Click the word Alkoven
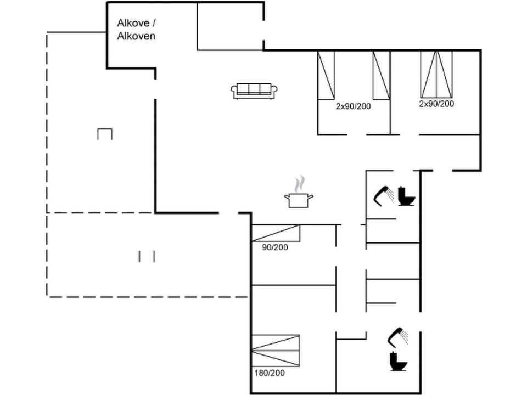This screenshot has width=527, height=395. click(137, 37)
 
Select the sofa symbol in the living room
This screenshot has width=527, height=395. click(254, 91)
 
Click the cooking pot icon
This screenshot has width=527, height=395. click(299, 200)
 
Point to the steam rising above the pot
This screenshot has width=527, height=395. click(299, 183)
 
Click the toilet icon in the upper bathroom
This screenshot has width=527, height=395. click(406, 196)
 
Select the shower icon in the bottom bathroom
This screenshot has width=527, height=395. click(399, 336)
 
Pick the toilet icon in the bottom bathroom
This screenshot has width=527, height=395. click(399, 362)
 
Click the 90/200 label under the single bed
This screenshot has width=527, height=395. click(275, 247)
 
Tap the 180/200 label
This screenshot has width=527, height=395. click(270, 373)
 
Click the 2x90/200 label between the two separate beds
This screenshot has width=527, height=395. click(354, 106)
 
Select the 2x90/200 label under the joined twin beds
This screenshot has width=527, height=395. click(437, 103)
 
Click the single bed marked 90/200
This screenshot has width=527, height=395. click(276, 233)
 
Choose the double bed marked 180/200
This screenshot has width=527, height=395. click(276, 351)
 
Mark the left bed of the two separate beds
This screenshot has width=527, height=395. click(326, 75)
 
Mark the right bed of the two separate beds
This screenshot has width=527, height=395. click(381, 75)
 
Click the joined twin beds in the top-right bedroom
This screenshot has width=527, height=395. click(437, 74)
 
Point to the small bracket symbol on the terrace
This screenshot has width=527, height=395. click(105, 134)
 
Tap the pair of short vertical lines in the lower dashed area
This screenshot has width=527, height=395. click(147, 256)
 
